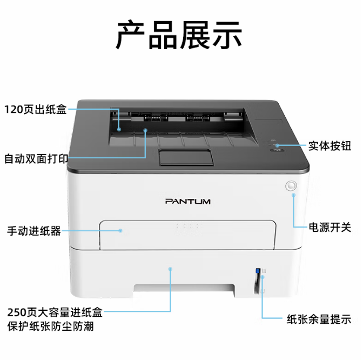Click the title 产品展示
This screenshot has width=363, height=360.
click(179, 35)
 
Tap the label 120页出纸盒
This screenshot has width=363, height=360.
click(36, 109)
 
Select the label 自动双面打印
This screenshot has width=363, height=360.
click(36, 159)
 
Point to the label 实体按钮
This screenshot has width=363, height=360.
click(330, 146)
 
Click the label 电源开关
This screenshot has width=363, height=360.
click(330, 227)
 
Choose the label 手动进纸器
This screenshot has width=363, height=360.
click(34, 231)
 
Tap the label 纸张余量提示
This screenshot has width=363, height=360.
click(319, 319)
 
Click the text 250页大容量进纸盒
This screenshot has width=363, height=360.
click(55, 312)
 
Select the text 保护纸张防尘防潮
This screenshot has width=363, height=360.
click(50, 326)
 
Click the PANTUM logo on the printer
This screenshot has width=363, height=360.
click(188, 201)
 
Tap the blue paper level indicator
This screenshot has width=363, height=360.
click(258, 271)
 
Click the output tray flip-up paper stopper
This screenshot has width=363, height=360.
click(186, 157)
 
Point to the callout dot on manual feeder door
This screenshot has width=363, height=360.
click(120, 230)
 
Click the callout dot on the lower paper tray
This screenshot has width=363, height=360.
click(170, 269)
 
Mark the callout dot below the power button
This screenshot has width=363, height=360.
click(293, 195)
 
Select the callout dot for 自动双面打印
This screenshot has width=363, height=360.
click(145, 130)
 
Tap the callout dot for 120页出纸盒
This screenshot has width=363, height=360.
click(119, 129)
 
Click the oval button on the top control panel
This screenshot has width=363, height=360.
click(277, 150)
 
